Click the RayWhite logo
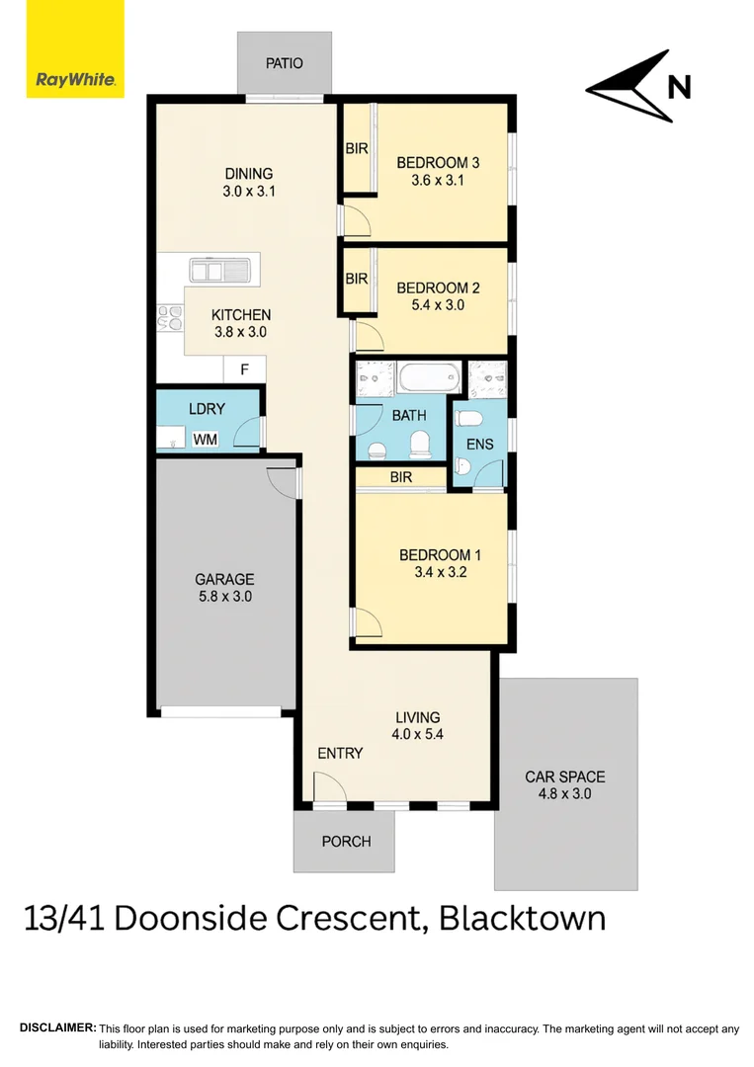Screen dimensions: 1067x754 (x=75, y=49)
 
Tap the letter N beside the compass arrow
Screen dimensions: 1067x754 (x=679, y=88)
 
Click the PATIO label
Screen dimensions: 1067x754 (x=284, y=63)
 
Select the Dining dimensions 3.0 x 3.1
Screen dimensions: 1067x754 (x=249, y=192)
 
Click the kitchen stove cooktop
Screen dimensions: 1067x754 (x=170, y=317)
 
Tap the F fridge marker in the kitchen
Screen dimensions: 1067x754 (x=246, y=371)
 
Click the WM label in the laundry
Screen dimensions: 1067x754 (x=205, y=440)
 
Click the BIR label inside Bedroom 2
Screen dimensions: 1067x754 (x=356, y=280)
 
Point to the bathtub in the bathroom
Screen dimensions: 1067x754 (x=429, y=378)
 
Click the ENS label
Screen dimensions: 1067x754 (x=479, y=445)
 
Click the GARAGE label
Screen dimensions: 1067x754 (x=224, y=580)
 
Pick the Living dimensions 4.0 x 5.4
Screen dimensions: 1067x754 (x=418, y=735)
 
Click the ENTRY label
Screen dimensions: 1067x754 (x=340, y=753)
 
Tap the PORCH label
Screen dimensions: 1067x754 (x=346, y=842)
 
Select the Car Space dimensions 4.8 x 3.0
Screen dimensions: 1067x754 (x=564, y=793)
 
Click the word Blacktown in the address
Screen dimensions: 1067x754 (x=522, y=918)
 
